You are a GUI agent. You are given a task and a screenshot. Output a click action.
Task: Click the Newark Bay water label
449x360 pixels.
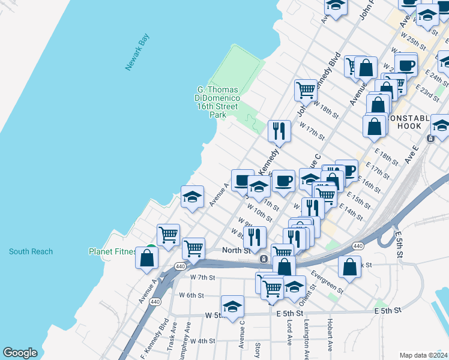(137, 53)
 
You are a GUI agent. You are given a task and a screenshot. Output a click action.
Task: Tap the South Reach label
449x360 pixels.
(31, 251)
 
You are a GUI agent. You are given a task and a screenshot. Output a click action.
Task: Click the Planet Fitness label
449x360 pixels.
(112, 251)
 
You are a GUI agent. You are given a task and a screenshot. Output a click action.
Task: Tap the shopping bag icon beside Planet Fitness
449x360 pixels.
(146, 259)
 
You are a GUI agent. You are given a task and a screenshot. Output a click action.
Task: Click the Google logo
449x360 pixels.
(20, 353)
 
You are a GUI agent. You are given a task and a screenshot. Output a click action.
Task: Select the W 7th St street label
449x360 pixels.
(202, 277)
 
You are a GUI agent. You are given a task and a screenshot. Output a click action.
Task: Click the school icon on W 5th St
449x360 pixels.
(232, 307)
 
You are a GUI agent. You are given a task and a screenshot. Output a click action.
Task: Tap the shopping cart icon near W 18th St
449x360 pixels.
(306, 91)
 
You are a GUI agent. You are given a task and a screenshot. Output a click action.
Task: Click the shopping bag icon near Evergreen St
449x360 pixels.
(349, 268)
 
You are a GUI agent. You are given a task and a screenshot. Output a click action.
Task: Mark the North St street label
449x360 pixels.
(236, 250)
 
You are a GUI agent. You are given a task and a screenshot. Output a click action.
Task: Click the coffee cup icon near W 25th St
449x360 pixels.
(406, 64)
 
